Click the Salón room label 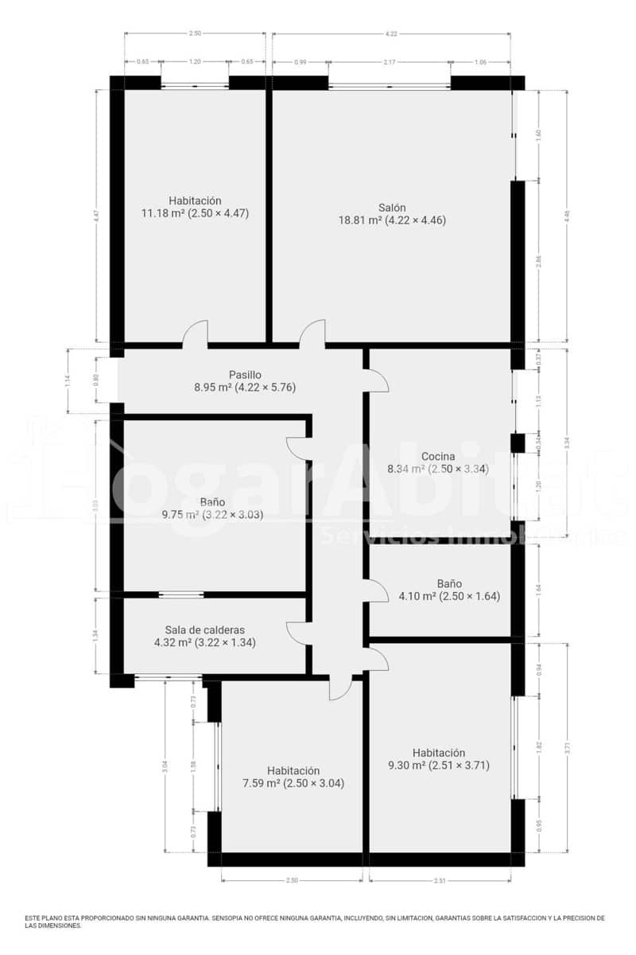click(x=392, y=207)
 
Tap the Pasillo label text click(x=245, y=375)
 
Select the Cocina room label click(x=438, y=456)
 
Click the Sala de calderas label click(x=204, y=629)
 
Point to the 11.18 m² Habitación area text click(x=195, y=213)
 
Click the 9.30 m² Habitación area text click(x=438, y=766)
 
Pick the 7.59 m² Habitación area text click(x=293, y=783)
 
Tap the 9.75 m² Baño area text click(x=212, y=514)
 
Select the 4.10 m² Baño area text click(x=438, y=596)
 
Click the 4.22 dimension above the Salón click(x=391, y=33)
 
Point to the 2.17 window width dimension click(x=390, y=62)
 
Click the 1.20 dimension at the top click(x=195, y=62)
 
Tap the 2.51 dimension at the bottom click(x=440, y=880)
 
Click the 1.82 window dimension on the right click(x=539, y=746)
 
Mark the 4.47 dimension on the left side click(x=96, y=215)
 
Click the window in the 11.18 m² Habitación click(x=195, y=84)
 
